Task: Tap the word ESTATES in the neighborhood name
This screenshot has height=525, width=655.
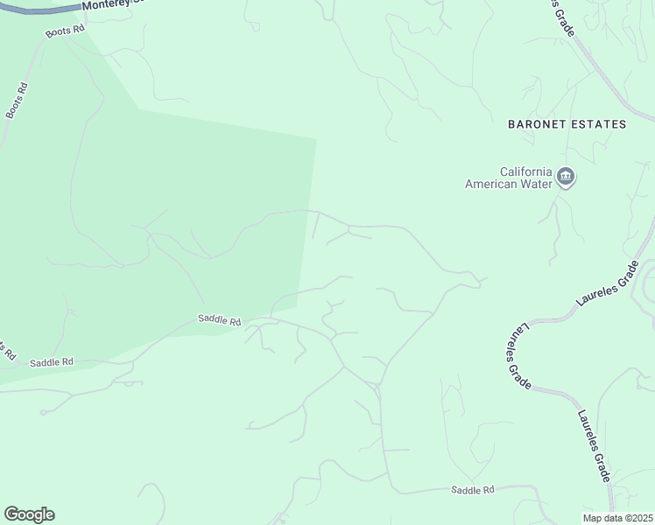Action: (x=599, y=124)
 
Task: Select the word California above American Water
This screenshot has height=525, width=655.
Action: (x=525, y=171)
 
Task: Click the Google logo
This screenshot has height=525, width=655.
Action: (x=29, y=514)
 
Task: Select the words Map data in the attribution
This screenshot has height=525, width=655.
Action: (x=602, y=518)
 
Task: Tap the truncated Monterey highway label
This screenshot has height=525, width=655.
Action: (x=113, y=5)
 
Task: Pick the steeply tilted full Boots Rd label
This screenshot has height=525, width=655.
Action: (x=17, y=101)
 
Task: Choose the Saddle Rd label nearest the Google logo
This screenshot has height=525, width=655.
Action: (x=52, y=361)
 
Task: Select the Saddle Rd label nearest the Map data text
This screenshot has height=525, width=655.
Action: (x=473, y=490)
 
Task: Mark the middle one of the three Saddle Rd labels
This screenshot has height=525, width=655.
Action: (x=219, y=321)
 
